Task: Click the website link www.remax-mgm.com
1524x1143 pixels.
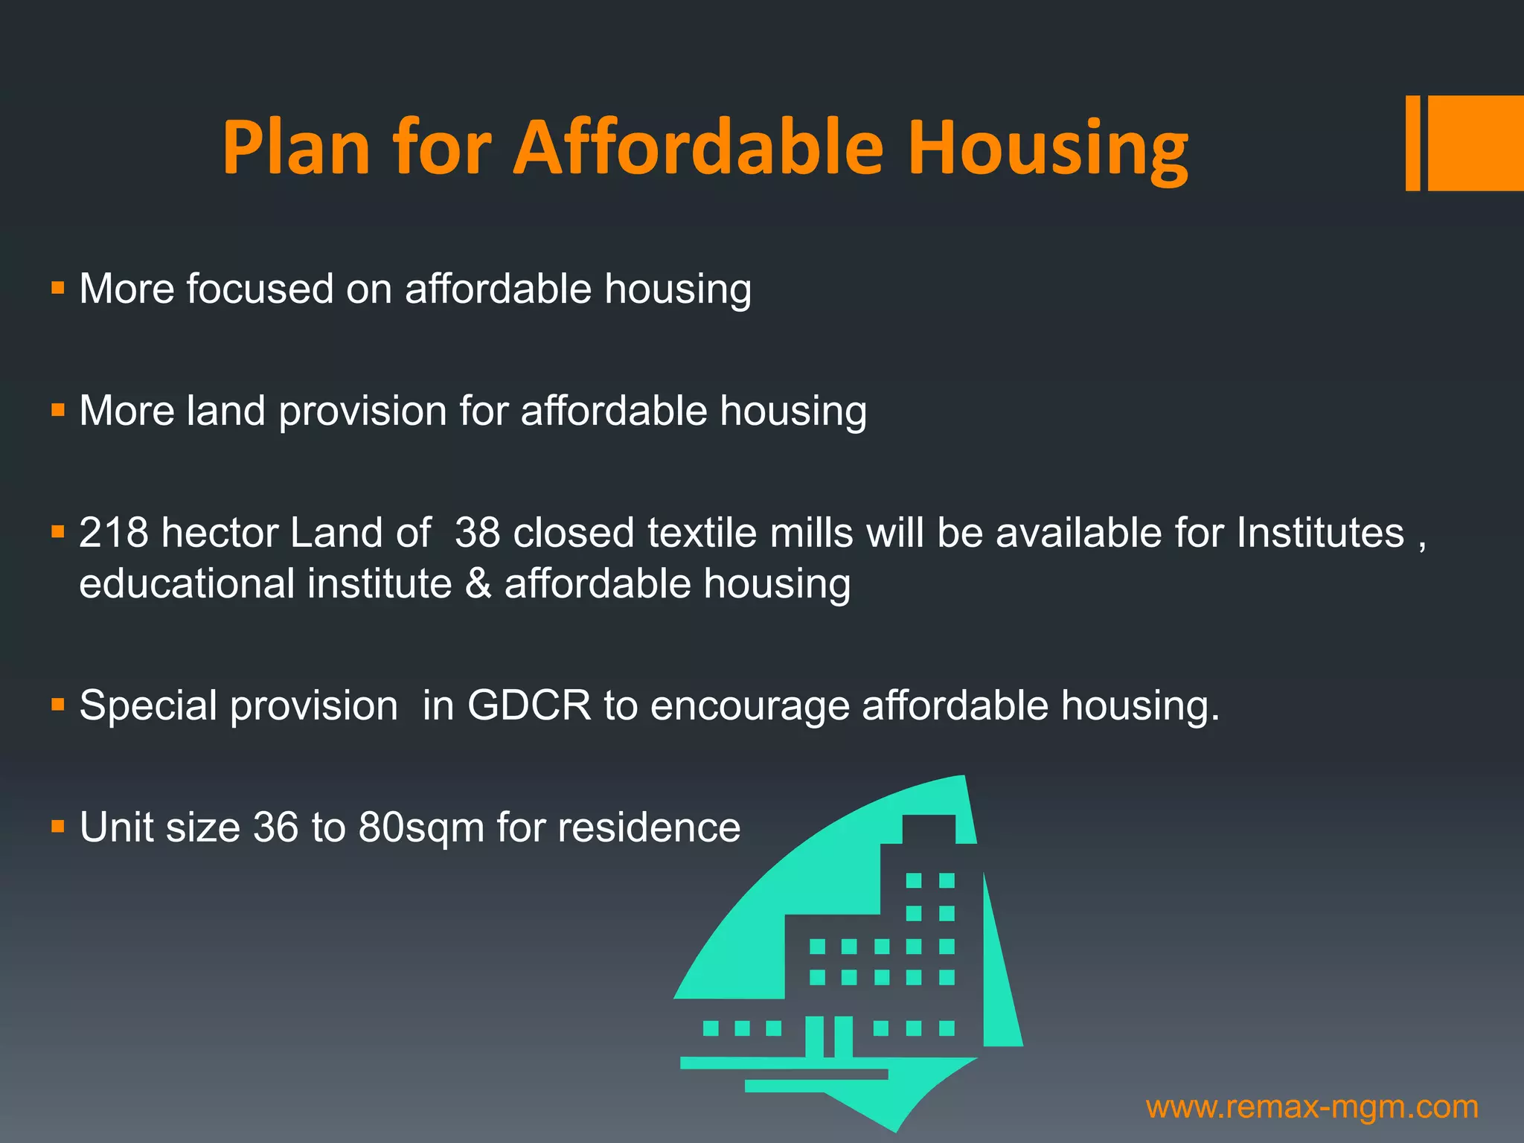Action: pyautogui.click(x=1312, y=1107)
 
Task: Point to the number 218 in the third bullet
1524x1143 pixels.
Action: pyautogui.click(x=113, y=533)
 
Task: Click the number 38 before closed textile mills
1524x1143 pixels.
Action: pyautogui.click(x=477, y=533)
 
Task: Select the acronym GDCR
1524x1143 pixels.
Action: pyautogui.click(x=528, y=705)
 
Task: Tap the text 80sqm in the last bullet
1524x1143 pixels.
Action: pyautogui.click(x=421, y=827)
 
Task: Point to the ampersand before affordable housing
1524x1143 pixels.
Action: pyautogui.click(x=478, y=583)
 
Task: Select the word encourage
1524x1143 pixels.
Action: pyautogui.click(x=749, y=706)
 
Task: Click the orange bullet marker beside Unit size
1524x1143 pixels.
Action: pyautogui.click(x=58, y=826)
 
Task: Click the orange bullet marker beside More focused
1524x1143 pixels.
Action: pyautogui.click(x=58, y=287)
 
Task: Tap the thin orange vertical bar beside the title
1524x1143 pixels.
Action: pyautogui.click(x=1412, y=143)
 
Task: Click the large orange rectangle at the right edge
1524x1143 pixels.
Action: pyautogui.click(x=1476, y=143)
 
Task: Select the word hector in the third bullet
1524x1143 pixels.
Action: pyautogui.click(x=220, y=533)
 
